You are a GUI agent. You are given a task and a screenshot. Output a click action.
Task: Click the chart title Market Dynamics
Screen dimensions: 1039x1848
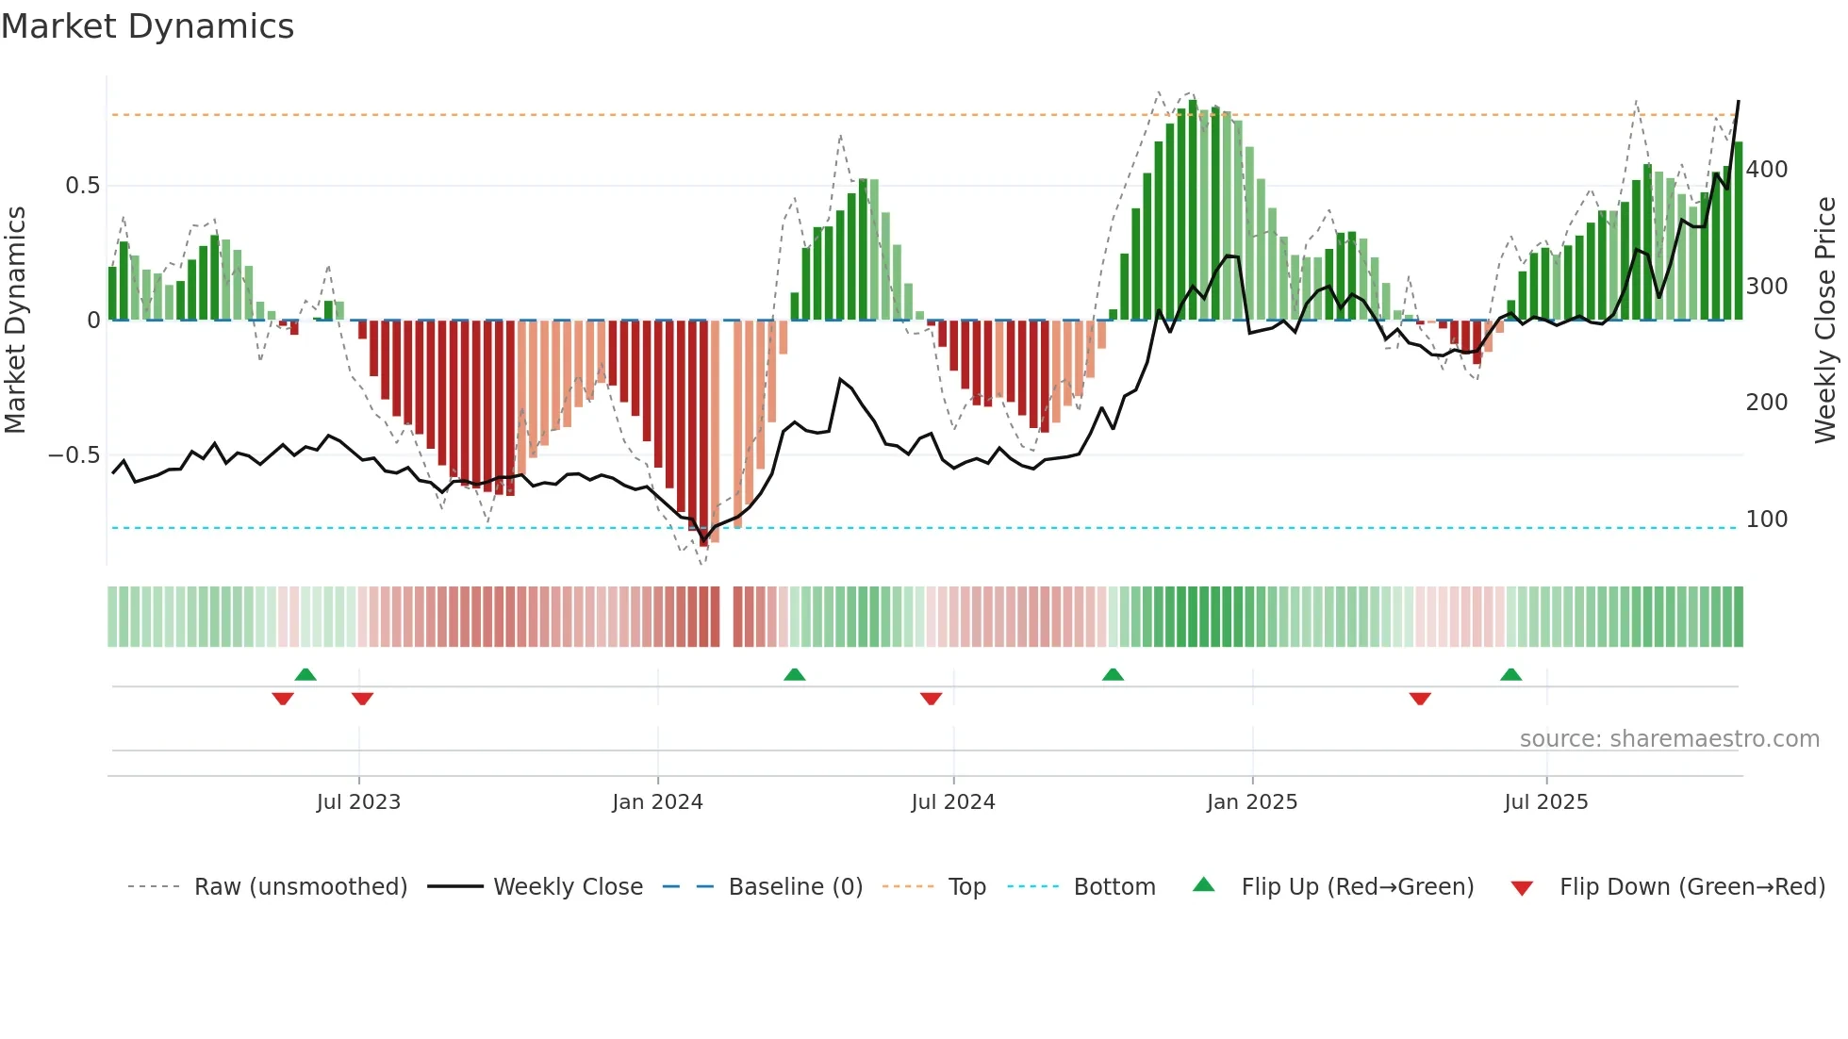point(147,26)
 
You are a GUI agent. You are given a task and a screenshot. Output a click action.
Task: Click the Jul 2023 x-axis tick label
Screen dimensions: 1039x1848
point(358,802)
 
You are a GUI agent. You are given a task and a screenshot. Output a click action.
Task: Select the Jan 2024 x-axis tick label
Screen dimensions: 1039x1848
point(657,802)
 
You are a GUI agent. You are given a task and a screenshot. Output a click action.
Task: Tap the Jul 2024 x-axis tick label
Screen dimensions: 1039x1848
point(952,802)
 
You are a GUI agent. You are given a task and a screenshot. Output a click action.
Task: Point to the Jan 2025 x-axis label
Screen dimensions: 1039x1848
point(1251,802)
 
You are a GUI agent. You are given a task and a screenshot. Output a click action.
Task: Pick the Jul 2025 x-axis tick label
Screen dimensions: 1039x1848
point(1545,802)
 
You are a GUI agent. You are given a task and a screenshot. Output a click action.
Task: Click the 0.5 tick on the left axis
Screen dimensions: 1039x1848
point(82,186)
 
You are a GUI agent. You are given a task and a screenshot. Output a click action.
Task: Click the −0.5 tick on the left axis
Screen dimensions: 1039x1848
point(74,455)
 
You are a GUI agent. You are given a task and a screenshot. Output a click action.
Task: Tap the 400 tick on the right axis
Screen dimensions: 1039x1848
point(1766,170)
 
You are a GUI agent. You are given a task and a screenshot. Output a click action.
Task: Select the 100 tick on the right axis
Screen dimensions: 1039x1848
point(1766,519)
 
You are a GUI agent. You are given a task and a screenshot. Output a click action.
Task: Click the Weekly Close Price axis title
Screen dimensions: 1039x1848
point(1825,321)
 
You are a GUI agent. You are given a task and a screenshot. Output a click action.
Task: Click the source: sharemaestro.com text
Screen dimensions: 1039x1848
point(1669,739)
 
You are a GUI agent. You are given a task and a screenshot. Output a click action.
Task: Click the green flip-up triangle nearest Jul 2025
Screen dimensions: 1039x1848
point(1510,675)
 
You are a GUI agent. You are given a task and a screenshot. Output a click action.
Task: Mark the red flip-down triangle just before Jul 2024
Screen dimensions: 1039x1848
point(931,699)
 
